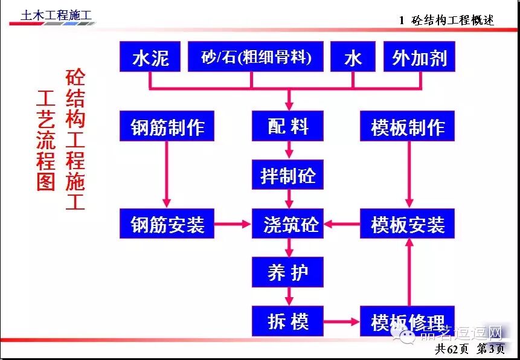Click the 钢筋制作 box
pyautogui.click(x=167, y=127)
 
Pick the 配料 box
pyautogui.click(x=288, y=126)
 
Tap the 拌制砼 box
pyautogui.click(x=288, y=176)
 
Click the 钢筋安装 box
pyautogui.click(x=167, y=224)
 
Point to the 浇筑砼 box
pyautogui.click(x=288, y=224)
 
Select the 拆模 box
pyautogui.click(x=288, y=321)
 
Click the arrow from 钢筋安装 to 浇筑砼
pyautogui.click(x=233, y=225)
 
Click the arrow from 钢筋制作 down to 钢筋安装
pyautogui.click(x=167, y=175)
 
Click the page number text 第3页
pyautogui.click(x=492, y=349)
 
